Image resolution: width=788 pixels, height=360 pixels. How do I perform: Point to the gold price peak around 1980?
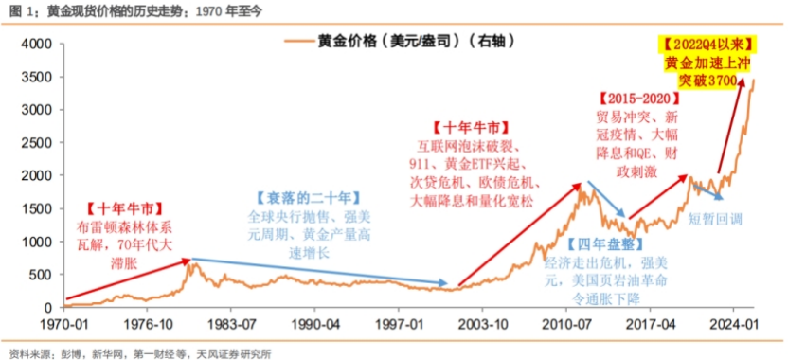[191, 263]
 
